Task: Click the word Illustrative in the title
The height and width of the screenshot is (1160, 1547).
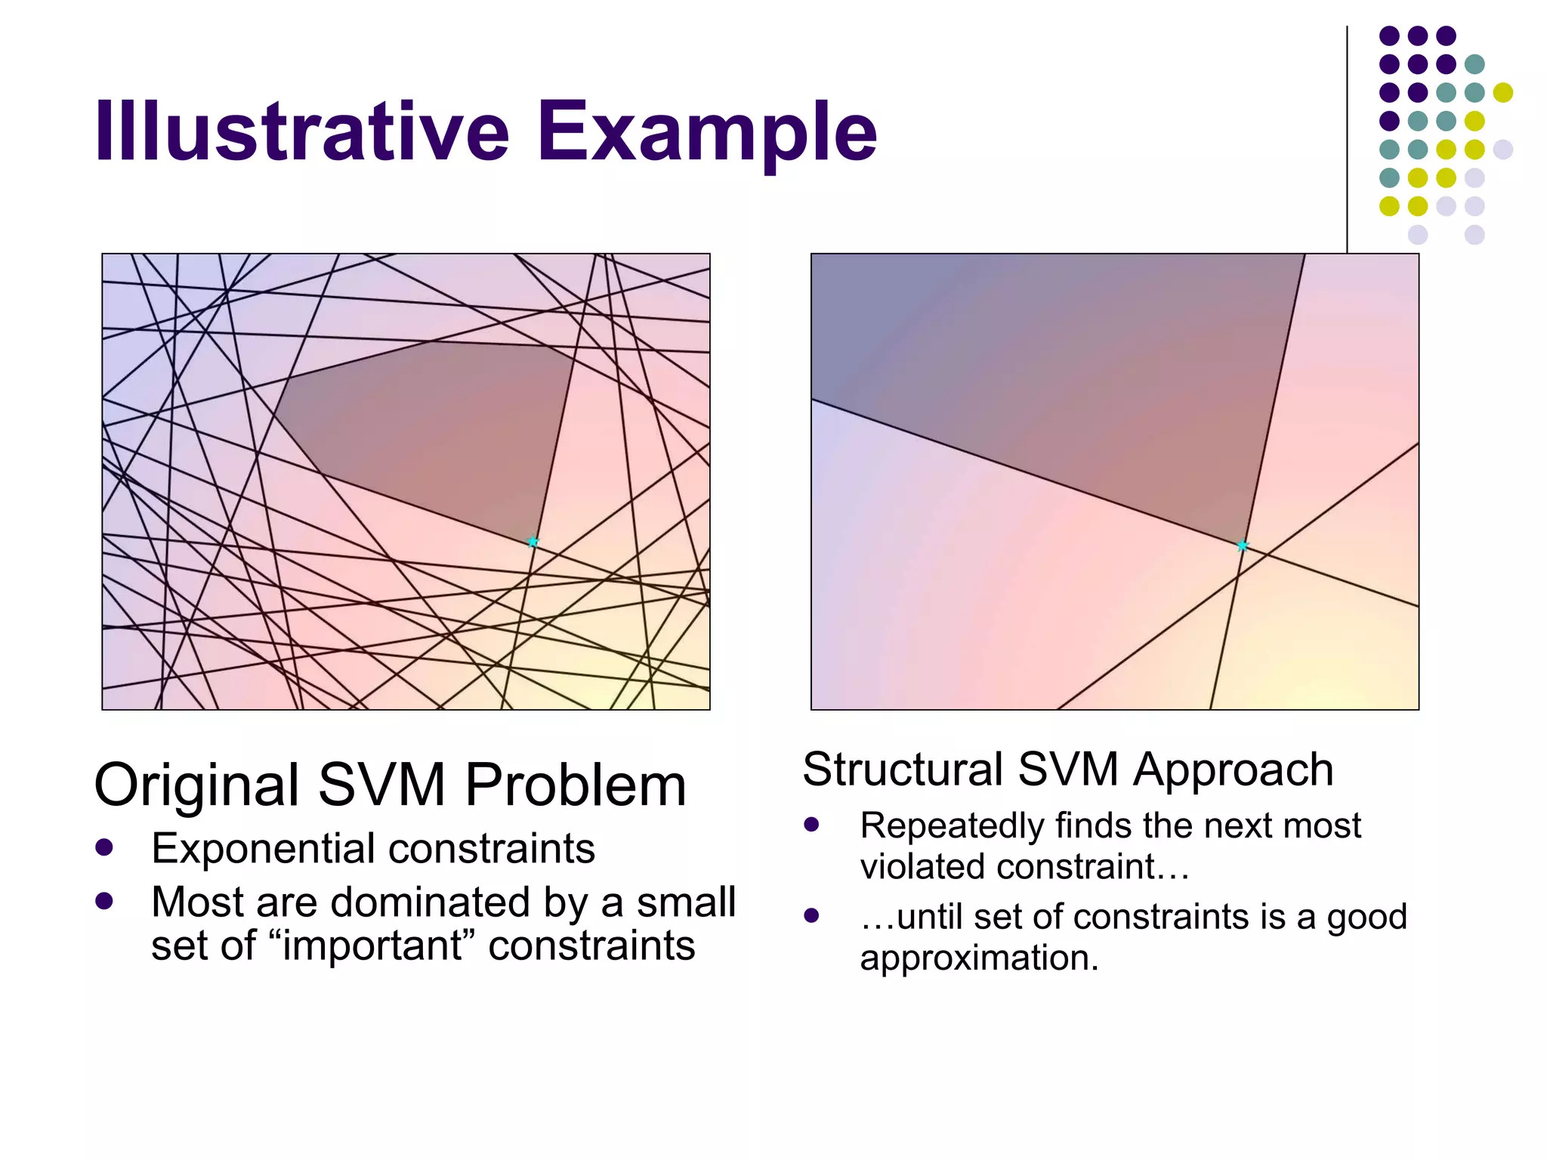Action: (x=302, y=132)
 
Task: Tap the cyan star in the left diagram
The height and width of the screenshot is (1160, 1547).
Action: (x=533, y=541)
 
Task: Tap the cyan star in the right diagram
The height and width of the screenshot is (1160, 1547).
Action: (x=1243, y=545)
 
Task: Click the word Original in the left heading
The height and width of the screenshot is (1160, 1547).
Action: (x=196, y=785)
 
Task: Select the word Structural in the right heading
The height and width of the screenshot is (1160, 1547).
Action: (x=903, y=770)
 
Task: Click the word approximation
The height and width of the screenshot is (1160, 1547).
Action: (x=979, y=958)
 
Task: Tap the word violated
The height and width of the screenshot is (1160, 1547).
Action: (x=922, y=867)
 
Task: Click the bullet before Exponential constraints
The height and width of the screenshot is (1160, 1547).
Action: (x=104, y=847)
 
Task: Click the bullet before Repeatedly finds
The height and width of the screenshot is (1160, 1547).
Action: (x=812, y=825)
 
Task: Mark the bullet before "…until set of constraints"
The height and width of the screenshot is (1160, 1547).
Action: (x=812, y=916)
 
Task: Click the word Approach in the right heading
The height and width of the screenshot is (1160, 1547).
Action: (x=1233, y=770)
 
